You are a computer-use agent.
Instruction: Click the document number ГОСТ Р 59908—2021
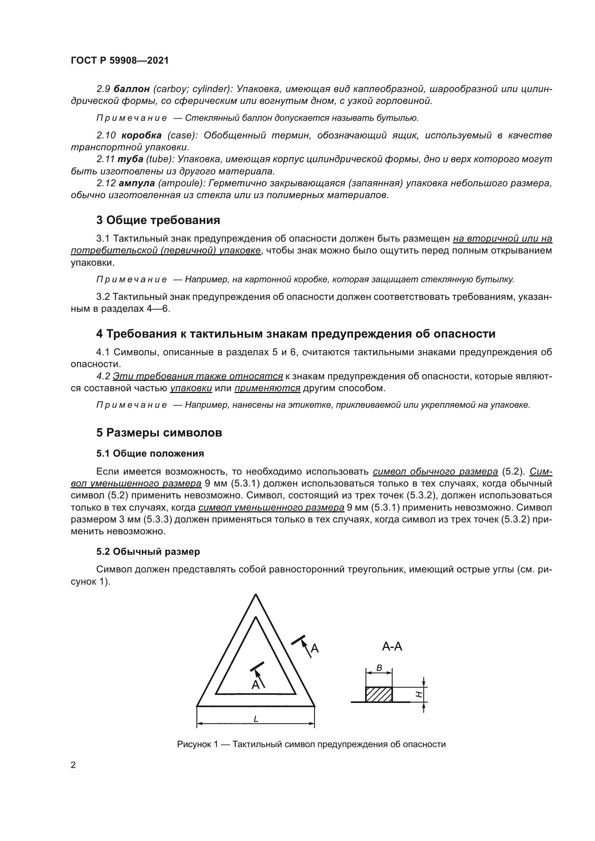[119, 61]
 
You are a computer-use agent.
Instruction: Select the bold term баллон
[132, 89]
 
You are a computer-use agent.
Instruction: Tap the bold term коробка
[141, 136]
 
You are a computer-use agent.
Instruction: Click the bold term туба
[131, 159]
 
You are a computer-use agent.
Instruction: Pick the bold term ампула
[137, 183]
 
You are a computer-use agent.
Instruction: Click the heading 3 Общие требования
[158, 220]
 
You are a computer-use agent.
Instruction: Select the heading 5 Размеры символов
[159, 433]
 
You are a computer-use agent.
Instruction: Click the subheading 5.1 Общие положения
[150, 453]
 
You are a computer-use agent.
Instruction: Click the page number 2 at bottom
[73, 765]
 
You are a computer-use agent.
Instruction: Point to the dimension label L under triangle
[256, 719]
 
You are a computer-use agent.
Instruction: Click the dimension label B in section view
[379, 668]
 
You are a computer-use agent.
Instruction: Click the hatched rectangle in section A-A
[379, 694]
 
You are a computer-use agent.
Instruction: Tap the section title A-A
[392, 646]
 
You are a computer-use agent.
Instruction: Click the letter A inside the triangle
[255, 684]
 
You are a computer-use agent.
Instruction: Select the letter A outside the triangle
[314, 649]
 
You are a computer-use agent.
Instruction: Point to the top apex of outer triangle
[256, 595]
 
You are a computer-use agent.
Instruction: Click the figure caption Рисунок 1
[311, 744]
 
